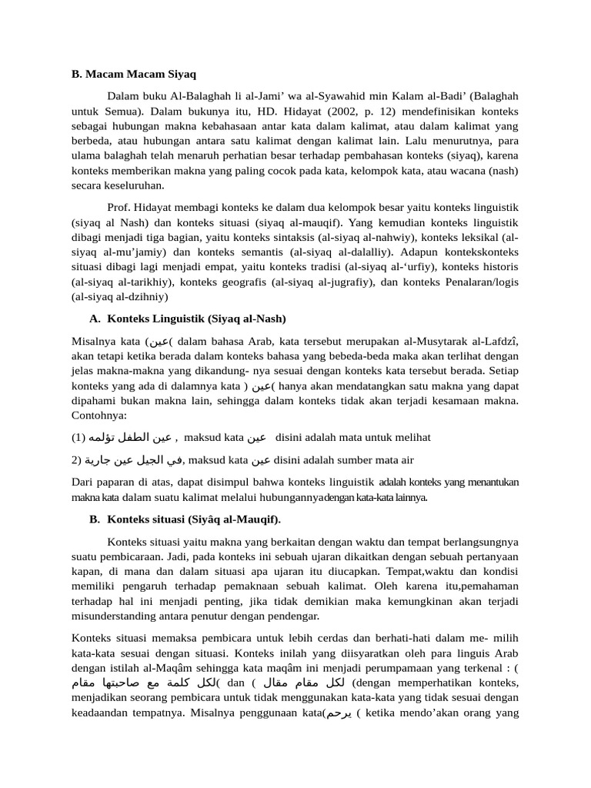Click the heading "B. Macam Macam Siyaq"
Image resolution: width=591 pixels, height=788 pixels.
click(134, 75)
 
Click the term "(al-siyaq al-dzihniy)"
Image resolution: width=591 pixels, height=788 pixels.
click(119, 296)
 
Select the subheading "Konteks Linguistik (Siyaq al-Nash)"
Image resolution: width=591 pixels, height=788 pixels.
click(196, 318)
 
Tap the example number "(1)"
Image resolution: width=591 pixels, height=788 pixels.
click(78, 437)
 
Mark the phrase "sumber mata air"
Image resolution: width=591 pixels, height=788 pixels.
click(375, 460)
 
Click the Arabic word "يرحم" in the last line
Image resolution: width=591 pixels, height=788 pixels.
click(339, 713)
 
